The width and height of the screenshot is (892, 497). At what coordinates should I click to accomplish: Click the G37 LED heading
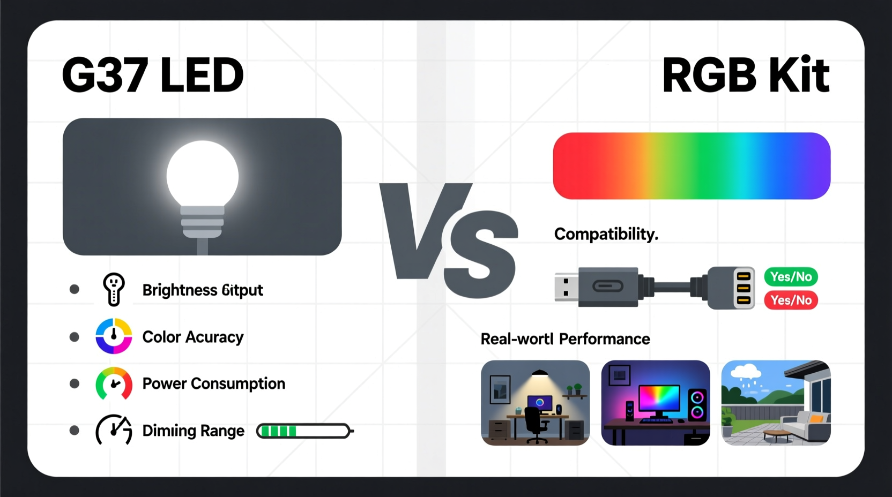(153, 75)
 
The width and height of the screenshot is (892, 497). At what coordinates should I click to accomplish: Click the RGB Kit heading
(746, 75)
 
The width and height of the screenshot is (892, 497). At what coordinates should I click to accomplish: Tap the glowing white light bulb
(203, 177)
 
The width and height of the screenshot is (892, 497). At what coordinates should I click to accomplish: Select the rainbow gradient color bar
(692, 166)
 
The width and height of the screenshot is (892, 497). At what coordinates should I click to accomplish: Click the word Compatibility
(606, 234)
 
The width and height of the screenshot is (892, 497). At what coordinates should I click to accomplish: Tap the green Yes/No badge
(791, 277)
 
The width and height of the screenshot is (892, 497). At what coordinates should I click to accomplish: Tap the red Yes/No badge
(791, 300)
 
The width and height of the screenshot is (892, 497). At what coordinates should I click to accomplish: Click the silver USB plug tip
(566, 287)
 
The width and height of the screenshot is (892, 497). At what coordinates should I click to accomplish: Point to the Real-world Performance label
(565, 339)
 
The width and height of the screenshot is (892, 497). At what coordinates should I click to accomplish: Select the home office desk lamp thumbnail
(535, 403)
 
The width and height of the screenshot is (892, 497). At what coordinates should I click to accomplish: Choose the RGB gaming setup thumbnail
(656, 403)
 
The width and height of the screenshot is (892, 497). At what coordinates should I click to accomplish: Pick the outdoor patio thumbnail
(776, 403)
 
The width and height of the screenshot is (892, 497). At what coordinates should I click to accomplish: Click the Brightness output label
(203, 290)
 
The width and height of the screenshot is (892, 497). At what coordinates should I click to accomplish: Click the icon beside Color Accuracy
(114, 336)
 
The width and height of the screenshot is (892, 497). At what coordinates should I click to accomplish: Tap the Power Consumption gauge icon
(114, 383)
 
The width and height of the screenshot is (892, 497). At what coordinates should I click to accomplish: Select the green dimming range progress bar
(304, 431)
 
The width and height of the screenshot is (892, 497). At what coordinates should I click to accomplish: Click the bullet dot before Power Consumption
(75, 383)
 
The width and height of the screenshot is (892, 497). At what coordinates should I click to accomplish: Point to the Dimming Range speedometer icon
(114, 430)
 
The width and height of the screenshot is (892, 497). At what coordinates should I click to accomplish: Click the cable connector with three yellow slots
(732, 288)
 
